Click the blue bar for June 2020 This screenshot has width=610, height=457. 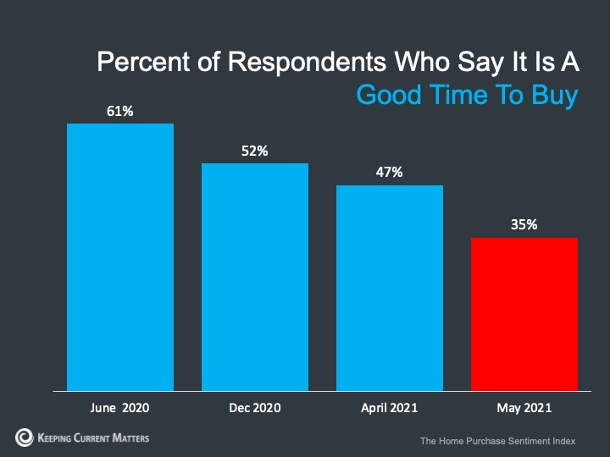click(x=120, y=257)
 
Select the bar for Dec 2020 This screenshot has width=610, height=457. click(x=254, y=277)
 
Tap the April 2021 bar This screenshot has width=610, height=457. click(x=390, y=288)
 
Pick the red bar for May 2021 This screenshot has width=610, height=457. click(x=524, y=314)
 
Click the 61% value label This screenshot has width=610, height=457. click(x=120, y=111)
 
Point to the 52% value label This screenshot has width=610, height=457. click(x=254, y=151)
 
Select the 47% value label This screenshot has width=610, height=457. click(x=390, y=173)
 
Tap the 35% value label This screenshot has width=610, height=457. click(x=524, y=225)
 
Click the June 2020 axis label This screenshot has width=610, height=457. click(x=120, y=408)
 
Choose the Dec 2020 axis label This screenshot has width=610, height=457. click(x=254, y=408)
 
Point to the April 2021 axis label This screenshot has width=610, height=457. click(x=390, y=408)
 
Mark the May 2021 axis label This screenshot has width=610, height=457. click(x=524, y=408)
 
